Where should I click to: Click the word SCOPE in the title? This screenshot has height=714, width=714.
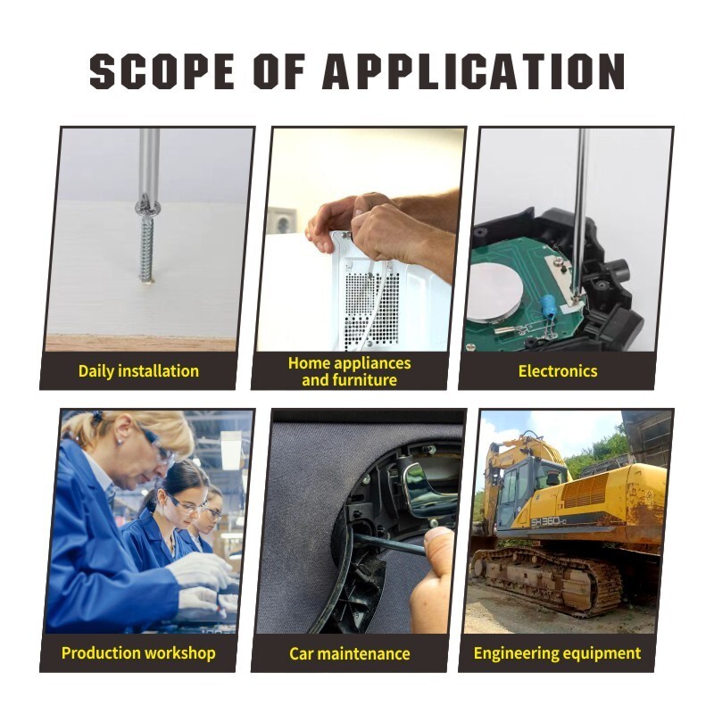(x=162, y=71)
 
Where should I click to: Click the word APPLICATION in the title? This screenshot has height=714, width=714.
(x=474, y=71)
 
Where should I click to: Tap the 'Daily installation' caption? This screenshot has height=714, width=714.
(x=138, y=371)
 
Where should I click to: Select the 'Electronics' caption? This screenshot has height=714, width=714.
(x=558, y=371)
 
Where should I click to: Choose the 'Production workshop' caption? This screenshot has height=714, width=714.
(x=138, y=653)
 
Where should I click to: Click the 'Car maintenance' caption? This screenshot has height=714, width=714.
(x=350, y=654)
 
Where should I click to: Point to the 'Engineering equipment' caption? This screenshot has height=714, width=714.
(x=557, y=653)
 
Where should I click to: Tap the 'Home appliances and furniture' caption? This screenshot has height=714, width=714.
(x=350, y=371)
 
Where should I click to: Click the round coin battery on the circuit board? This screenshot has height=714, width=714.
(x=495, y=292)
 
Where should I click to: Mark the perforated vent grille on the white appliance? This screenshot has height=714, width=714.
(x=371, y=310)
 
